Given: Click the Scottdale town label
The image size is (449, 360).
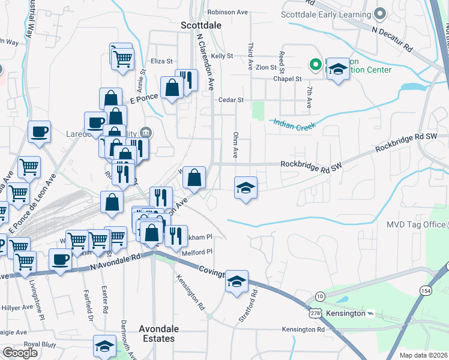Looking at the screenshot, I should [x=201, y=25].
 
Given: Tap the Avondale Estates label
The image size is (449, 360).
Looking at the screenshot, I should [x=157, y=334].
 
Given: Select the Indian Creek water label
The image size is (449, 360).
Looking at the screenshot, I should [x=294, y=125].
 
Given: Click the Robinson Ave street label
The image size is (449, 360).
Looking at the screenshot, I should [x=228, y=12].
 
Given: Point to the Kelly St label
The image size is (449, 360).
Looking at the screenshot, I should [x=221, y=56].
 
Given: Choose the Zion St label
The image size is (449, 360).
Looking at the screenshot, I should [x=265, y=68].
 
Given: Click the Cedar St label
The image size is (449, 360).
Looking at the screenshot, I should [x=231, y=100].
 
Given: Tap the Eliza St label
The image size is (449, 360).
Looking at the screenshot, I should [x=161, y=61].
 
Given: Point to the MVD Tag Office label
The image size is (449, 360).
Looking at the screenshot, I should [x=416, y=225].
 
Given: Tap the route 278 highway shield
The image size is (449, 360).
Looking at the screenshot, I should [x=316, y=314].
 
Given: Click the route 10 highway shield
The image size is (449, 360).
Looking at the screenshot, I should [x=321, y=296].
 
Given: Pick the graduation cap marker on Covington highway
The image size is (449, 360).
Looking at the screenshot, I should [x=237, y=281].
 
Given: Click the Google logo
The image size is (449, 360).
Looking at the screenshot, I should [x=20, y=353].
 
